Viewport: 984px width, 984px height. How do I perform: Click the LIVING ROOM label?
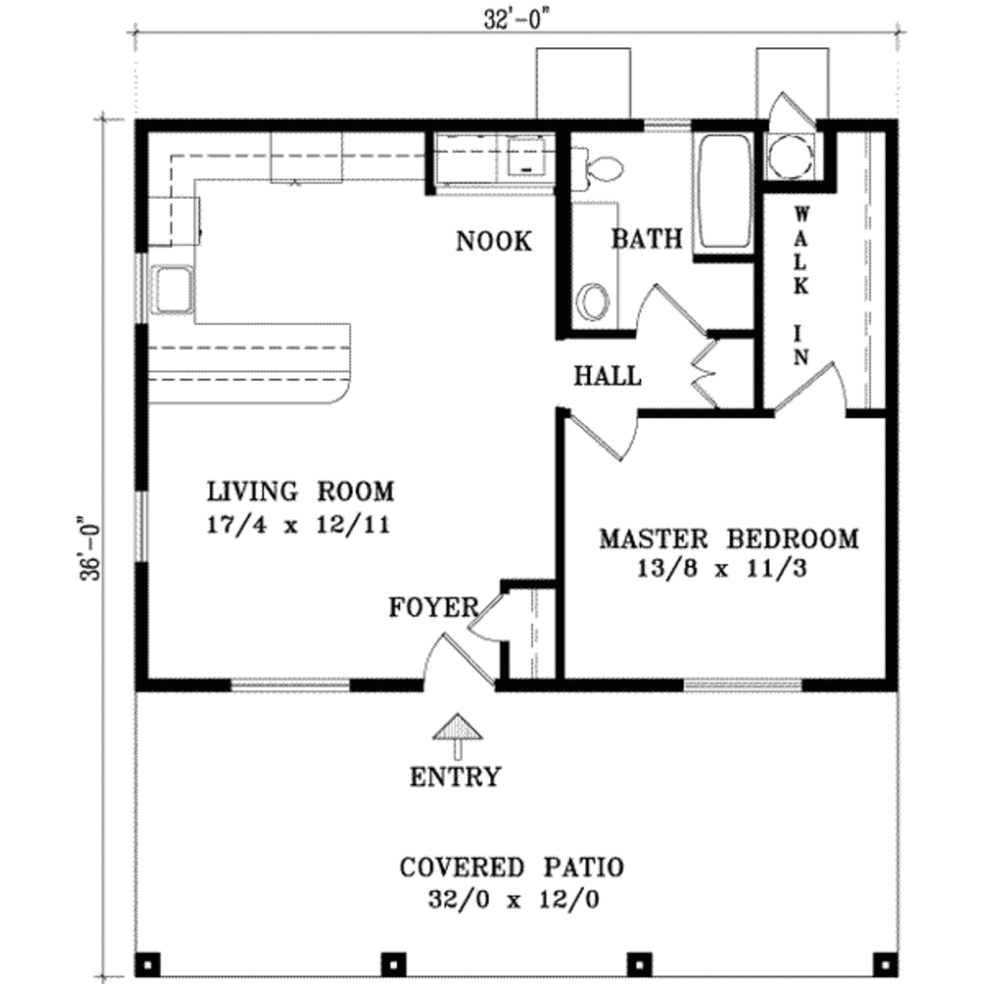[x=301, y=492]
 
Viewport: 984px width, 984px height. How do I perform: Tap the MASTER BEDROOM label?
[x=728, y=538]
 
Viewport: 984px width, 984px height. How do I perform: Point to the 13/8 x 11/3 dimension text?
[x=721, y=568]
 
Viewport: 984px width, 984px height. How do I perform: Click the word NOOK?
[x=493, y=241]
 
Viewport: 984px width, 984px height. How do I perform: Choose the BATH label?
[x=647, y=239]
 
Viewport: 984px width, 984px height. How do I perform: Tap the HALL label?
[x=607, y=376]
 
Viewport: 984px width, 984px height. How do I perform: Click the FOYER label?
[x=433, y=607]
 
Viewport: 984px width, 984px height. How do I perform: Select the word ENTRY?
[x=455, y=776]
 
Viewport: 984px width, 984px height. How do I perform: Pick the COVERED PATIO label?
[x=511, y=868]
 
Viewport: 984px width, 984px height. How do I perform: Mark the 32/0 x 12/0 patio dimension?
[x=511, y=900]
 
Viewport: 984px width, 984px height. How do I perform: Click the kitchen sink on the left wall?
[x=173, y=288]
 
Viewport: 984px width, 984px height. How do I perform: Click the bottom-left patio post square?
[x=147, y=961]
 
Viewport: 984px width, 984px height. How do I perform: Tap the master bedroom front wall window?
[x=742, y=685]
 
